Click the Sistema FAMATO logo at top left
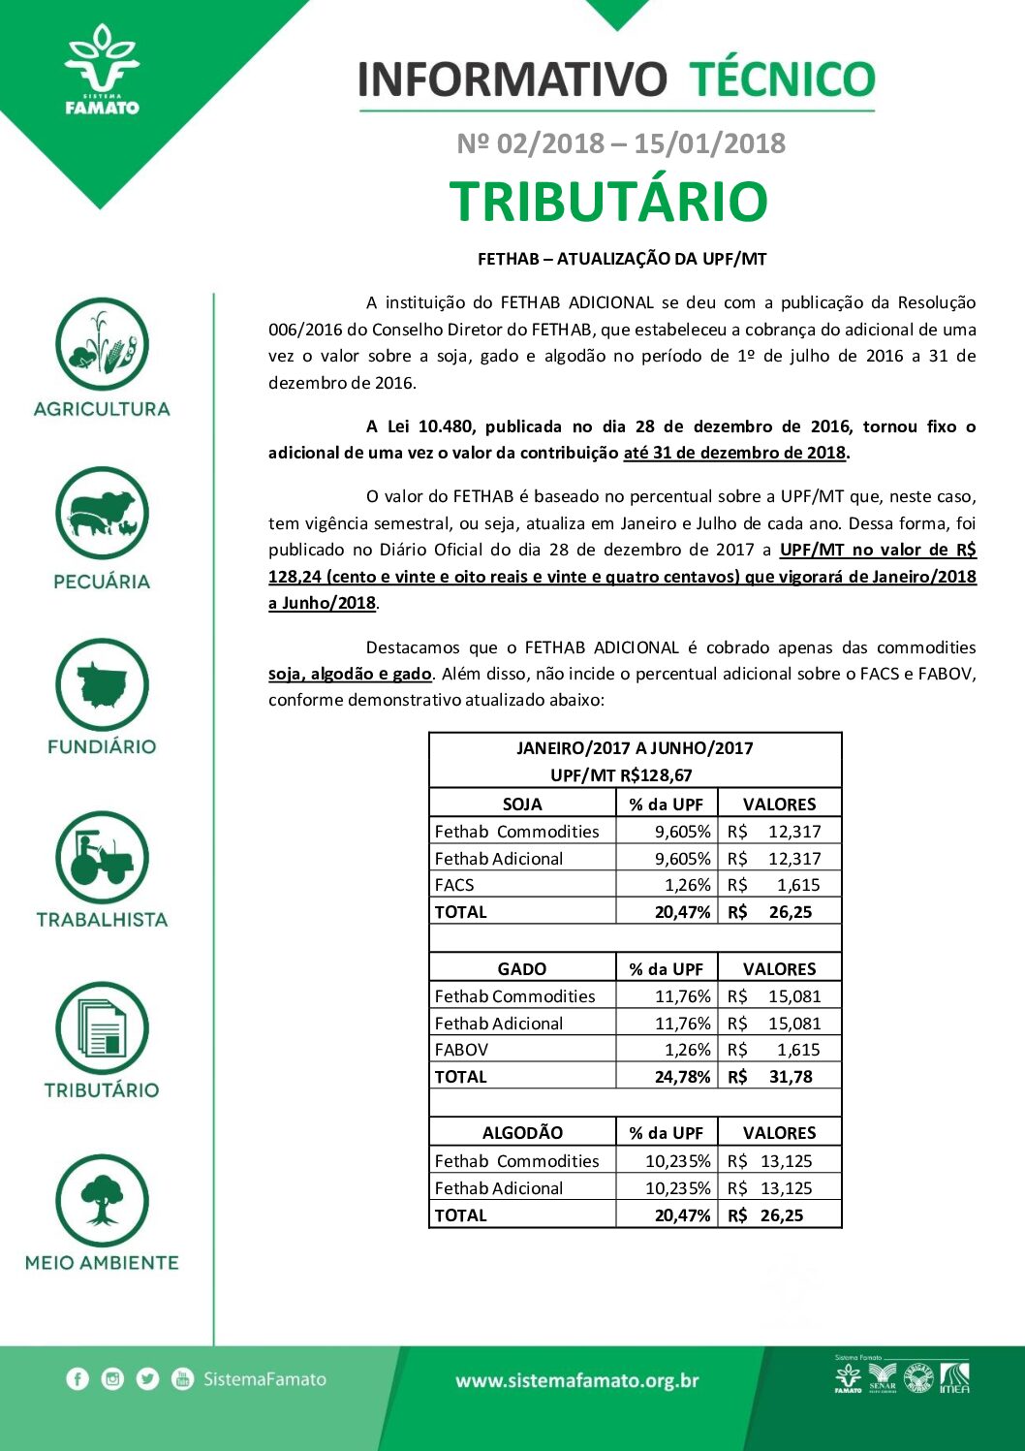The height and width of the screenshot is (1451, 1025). [x=102, y=73]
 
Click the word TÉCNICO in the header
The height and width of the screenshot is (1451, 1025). [x=781, y=79]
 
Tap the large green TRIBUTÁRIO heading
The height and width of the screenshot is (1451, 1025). [x=608, y=202]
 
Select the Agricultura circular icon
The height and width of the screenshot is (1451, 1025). [x=102, y=345]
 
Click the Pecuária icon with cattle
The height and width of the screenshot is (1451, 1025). [x=102, y=514]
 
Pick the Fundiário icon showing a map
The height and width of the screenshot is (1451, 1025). [x=102, y=685]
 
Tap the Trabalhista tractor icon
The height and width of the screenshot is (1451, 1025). [x=102, y=858]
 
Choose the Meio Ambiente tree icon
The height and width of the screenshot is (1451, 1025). [x=102, y=1201]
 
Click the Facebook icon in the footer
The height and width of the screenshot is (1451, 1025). [x=78, y=1379]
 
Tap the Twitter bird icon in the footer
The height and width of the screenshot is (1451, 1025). [x=147, y=1379]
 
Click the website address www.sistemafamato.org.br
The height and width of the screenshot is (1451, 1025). [x=577, y=1381]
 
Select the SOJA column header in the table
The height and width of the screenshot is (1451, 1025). [x=522, y=804]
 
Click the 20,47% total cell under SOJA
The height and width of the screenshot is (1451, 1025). [x=682, y=912]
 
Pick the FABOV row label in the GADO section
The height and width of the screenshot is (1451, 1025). [x=462, y=1050]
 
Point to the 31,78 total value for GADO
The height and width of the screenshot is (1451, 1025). [x=790, y=1077]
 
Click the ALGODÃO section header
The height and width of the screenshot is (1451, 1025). [x=522, y=1133]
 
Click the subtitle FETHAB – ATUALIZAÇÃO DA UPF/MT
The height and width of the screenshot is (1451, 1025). [x=622, y=259]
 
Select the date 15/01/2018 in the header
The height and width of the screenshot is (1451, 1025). [x=709, y=143]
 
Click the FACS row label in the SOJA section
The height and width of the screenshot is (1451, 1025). [x=454, y=885]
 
